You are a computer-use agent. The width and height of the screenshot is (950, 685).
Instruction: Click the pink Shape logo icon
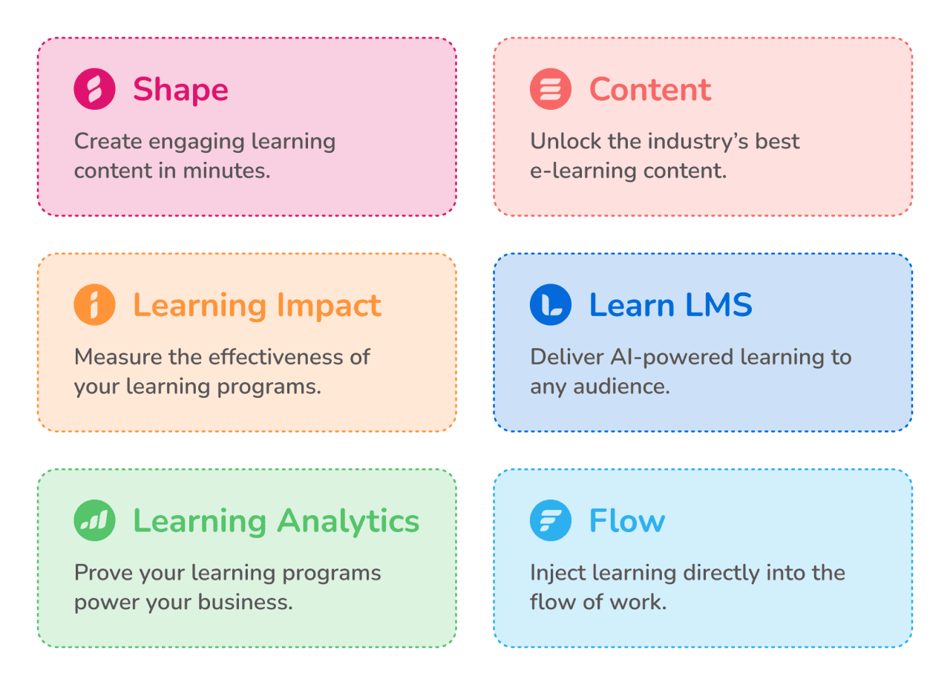[x=94, y=89]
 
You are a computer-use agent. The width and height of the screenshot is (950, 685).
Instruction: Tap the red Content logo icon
[x=551, y=89]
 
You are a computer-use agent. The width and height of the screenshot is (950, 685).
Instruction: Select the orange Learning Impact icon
[x=94, y=305]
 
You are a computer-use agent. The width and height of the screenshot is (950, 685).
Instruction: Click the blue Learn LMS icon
[x=551, y=305]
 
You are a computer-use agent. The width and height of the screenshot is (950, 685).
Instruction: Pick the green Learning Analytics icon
[x=94, y=521]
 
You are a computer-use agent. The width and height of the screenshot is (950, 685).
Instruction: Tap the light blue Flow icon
[x=551, y=521]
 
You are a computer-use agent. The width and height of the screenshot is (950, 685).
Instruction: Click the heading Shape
[x=180, y=90]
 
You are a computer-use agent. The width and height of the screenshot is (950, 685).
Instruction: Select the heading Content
[x=650, y=90]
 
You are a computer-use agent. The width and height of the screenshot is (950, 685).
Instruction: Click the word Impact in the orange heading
[x=329, y=306]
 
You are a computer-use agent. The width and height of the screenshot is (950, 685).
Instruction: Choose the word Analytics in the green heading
[x=348, y=522]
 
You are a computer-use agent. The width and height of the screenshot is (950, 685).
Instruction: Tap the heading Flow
[x=627, y=522]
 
